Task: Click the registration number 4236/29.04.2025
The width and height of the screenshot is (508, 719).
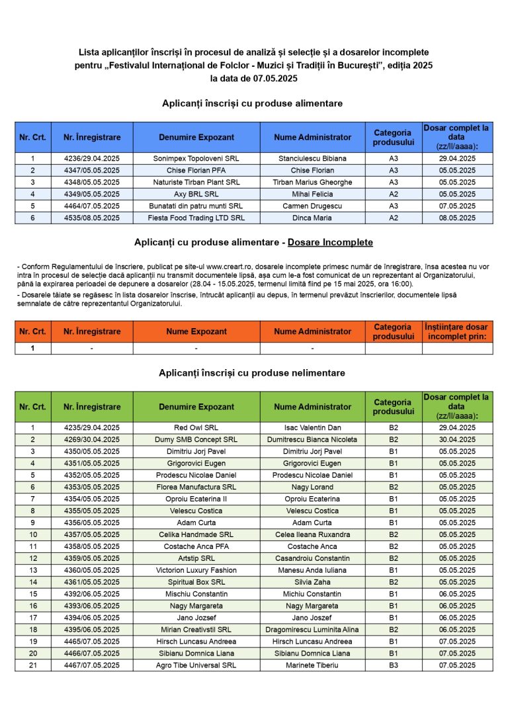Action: pyautogui.click(x=92, y=159)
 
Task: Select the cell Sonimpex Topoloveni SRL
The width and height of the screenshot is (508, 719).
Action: pyautogui.click(x=196, y=159)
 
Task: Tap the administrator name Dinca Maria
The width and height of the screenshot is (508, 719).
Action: pyautogui.click(x=312, y=218)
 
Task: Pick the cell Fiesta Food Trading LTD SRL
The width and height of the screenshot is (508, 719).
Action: pyautogui.click(x=196, y=218)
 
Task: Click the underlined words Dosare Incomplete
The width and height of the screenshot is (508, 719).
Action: pyautogui.click(x=330, y=243)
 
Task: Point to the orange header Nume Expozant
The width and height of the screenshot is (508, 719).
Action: pyautogui.click(x=196, y=331)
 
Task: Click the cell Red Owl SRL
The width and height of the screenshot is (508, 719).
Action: pyautogui.click(x=196, y=428)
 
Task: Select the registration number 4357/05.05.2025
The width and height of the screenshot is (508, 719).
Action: pyautogui.click(x=92, y=534)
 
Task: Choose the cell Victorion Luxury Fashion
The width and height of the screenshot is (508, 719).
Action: pyautogui.click(x=196, y=570)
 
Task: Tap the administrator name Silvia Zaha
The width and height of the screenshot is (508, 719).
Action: pyautogui.click(x=312, y=582)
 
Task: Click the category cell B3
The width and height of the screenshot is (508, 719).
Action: pyautogui.click(x=394, y=665)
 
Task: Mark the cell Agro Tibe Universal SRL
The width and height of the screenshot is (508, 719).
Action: pyautogui.click(x=196, y=665)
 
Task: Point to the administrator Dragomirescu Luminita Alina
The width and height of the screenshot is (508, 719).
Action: pyautogui.click(x=312, y=630)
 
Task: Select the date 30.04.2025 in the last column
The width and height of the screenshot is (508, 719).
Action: pyautogui.click(x=457, y=440)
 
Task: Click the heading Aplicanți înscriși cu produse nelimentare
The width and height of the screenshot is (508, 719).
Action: pyautogui.click(x=252, y=373)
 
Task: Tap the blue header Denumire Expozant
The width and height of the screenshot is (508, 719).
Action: pyautogui.click(x=196, y=138)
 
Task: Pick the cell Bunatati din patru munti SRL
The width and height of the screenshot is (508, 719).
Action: pyautogui.click(x=196, y=206)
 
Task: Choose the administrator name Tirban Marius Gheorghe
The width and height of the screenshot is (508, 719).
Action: pyautogui.click(x=312, y=183)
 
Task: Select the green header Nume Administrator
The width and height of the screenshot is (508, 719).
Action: pyautogui.click(x=312, y=407)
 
